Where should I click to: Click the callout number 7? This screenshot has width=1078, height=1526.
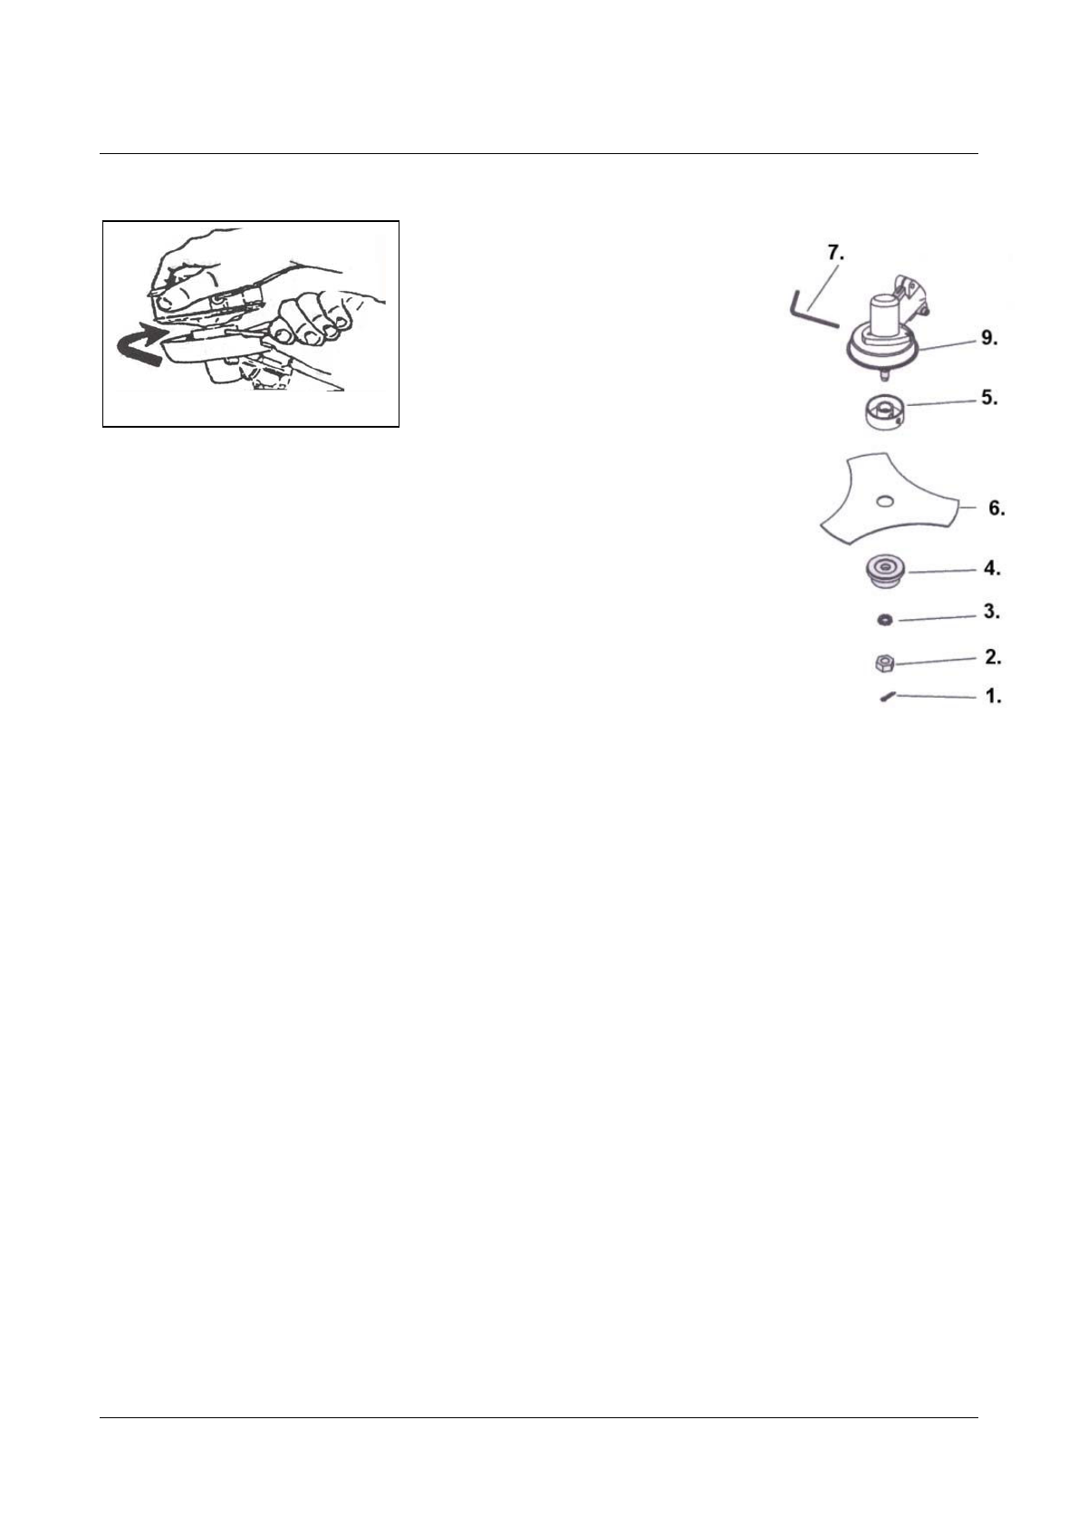click(x=835, y=253)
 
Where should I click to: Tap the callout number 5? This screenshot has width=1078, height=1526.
click(x=989, y=398)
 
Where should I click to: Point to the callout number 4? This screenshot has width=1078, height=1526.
click(x=992, y=569)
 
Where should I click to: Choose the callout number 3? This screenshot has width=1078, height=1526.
click(x=992, y=613)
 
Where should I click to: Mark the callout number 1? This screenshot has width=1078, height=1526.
click(x=993, y=697)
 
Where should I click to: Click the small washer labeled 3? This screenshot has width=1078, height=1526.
click(x=884, y=620)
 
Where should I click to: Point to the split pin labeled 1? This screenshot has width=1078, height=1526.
click(x=888, y=697)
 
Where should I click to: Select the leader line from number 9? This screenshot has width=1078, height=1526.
click(x=942, y=348)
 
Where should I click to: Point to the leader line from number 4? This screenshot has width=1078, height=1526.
click(x=942, y=571)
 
